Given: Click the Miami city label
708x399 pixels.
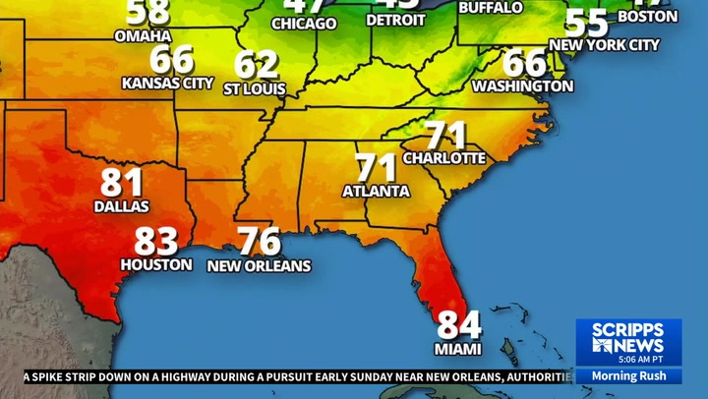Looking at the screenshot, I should (457, 349).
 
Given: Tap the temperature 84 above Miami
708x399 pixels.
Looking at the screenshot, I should (460, 325).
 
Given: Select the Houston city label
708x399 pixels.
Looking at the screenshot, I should (156, 264).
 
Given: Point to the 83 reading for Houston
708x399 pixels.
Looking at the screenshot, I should (156, 241).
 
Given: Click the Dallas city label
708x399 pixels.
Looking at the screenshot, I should (122, 206).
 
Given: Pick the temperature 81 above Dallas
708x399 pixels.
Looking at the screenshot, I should (122, 183).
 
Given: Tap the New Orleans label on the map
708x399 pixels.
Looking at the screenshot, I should (259, 265).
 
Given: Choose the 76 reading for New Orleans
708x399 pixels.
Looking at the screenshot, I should (260, 242).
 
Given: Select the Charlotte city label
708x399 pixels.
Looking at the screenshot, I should (444, 157).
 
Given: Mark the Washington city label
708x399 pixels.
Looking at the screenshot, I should (522, 86).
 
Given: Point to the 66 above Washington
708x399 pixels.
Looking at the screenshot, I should (524, 63).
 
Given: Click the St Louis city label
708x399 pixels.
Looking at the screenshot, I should (255, 88).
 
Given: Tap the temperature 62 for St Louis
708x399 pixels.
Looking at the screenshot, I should (257, 65).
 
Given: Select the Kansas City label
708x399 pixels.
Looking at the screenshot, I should (167, 84).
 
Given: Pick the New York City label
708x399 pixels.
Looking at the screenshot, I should (605, 44).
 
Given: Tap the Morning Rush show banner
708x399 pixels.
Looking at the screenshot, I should (628, 376).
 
